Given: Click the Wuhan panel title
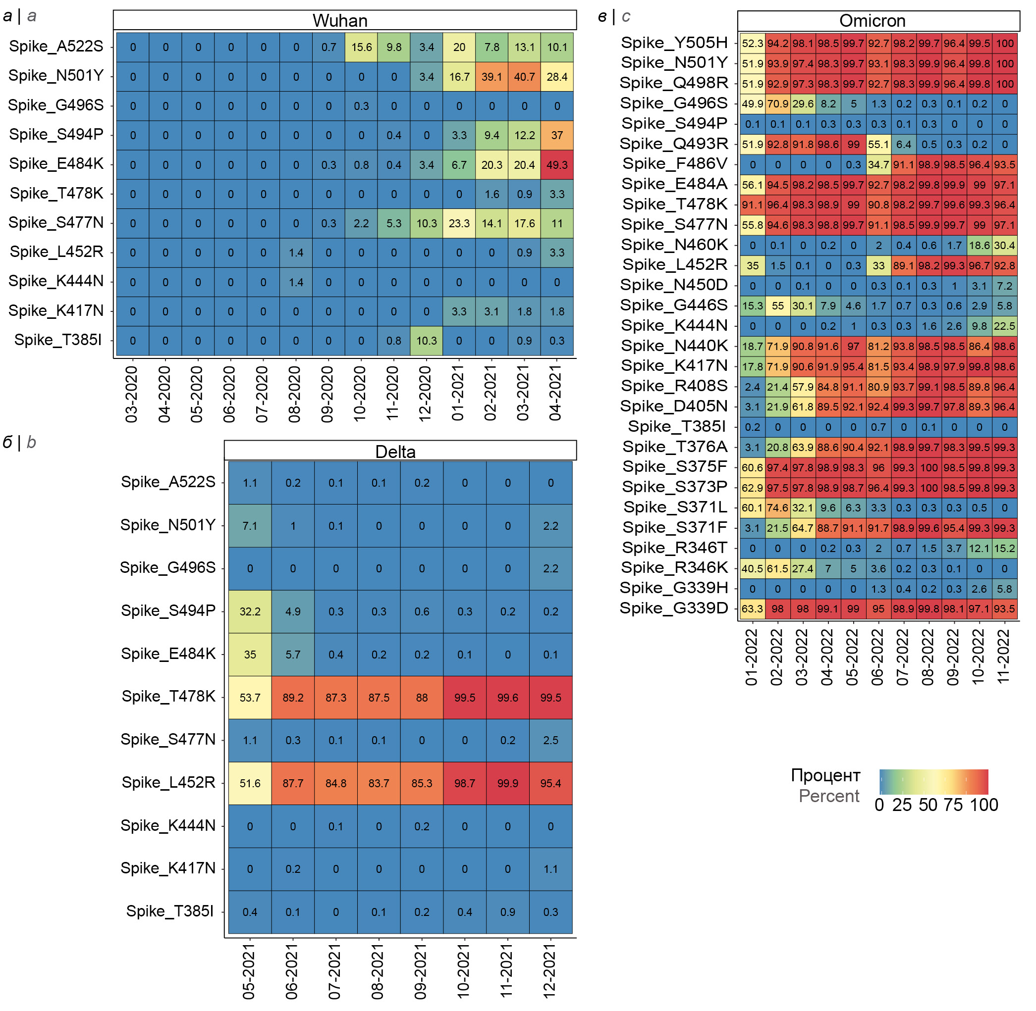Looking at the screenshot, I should tap(340, 20).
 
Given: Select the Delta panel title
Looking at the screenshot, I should tap(395, 452).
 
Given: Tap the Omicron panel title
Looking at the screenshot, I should tap(872, 20).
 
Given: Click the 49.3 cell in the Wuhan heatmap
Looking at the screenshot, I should tap(557, 164).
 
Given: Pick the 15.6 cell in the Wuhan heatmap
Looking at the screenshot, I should tap(361, 47).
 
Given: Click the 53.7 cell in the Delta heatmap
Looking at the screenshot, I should tap(250, 697).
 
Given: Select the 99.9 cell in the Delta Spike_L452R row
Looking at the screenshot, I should tap(507, 783).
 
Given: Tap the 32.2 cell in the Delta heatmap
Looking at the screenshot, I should tap(250, 611).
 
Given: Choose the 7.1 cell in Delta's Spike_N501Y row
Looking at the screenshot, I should tap(250, 526).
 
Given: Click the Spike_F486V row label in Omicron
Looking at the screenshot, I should tap(675, 163).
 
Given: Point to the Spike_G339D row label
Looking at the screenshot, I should tap(674, 608).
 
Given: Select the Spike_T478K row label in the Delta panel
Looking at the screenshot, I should tap(168, 696).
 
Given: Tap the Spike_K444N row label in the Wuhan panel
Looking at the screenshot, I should tap(56, 281).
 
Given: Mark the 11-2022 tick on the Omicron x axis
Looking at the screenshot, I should tap(1004, 657).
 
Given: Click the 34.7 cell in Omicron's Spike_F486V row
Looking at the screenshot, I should tap(878, 164).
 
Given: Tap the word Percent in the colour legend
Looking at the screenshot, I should tap(829, 796).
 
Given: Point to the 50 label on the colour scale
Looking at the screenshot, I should tap(927, 805).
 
